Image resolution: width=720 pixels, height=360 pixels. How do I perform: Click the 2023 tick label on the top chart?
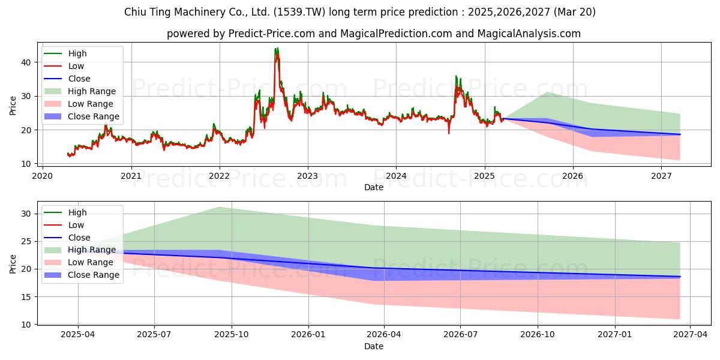pos(308,176)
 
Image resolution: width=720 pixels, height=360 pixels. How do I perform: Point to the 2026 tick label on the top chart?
pos(573,176)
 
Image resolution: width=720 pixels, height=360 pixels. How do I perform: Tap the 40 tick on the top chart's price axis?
pos(26,62)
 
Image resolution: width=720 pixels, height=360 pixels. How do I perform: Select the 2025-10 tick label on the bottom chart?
pos(232,335)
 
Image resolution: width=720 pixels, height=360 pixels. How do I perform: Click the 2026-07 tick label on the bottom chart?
pos(460,335)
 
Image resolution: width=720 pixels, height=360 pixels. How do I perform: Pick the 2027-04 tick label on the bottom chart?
pos(691,335)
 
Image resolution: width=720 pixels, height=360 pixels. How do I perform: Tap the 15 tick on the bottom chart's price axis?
pos(26,297)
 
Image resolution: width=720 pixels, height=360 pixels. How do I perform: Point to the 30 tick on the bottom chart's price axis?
pos(26,214)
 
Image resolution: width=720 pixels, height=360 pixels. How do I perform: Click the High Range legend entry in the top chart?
pos(80,91)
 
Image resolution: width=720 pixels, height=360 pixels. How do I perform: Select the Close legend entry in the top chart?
pos(67,79)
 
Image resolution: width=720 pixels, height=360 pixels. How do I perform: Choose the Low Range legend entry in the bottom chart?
pos(79,262)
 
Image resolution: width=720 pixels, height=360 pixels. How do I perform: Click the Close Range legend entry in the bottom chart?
pos(82,275)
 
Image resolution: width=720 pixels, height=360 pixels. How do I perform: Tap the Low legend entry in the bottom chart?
pos(64,225)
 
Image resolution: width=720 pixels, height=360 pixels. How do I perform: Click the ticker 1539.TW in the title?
pos(299,12)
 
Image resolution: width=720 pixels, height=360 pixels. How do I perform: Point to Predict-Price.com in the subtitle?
pos(272,34)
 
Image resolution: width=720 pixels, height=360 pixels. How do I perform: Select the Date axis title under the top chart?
pos(373,187)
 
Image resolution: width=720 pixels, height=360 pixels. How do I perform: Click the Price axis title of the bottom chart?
pos(13,264)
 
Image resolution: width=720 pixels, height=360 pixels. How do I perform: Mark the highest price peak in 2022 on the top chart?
pos(277,48)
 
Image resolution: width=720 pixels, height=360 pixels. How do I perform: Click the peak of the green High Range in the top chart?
pos(547,92)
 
